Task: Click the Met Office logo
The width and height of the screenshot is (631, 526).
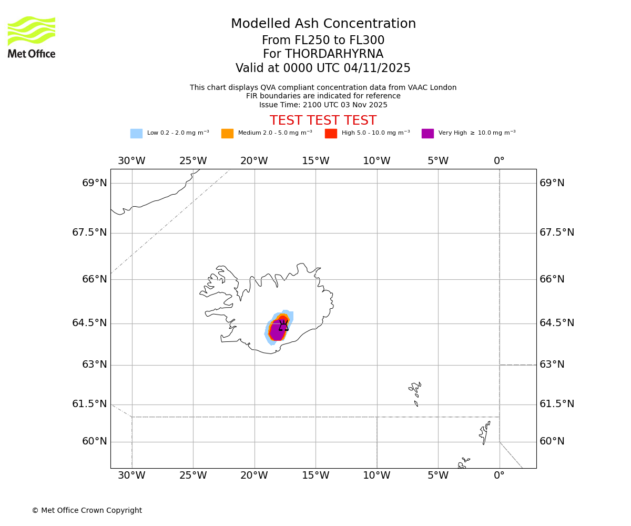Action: click(32, 37)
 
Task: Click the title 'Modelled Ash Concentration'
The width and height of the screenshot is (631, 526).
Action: click(323, 24)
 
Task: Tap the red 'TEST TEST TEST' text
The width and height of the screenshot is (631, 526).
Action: click(323, 120)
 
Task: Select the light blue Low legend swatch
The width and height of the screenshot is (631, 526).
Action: click(136, 134)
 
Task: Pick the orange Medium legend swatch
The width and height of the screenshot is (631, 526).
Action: click(227, 134)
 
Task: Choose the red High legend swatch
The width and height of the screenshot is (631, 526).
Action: click(331, 134)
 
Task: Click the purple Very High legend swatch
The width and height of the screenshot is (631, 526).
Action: click(428, 134)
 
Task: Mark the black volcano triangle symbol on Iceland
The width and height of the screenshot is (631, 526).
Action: click(283, 326)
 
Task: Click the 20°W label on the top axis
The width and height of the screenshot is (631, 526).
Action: click(254, 161)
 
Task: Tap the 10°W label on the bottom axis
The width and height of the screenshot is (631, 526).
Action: click(376, 476)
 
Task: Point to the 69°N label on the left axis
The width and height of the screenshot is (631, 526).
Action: click(95, 183)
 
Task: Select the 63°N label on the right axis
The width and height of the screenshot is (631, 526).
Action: click(552, 365)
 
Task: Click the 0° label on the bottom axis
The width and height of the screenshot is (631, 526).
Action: click(499, 476)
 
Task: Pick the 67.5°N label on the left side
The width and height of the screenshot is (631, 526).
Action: click(89, 232)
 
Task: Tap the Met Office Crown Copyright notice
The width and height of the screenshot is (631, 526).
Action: click(87, 511)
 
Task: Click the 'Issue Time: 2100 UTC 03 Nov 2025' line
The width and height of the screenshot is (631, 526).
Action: click(323, 105)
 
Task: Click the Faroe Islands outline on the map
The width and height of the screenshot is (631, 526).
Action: click(415, 392)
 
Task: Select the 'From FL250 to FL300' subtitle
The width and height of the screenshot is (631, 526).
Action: click(323, 41)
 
